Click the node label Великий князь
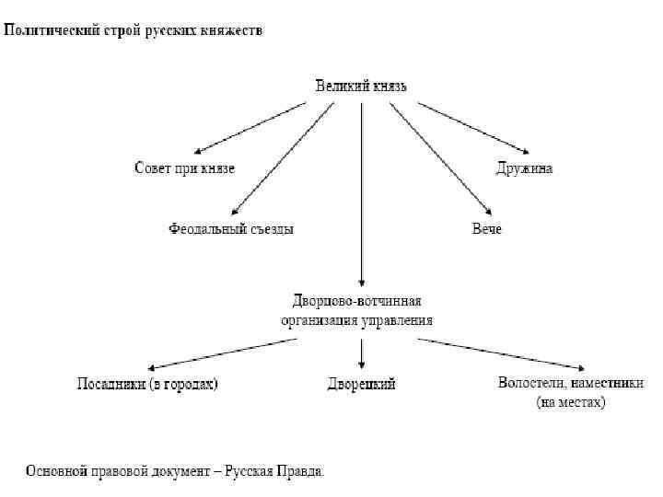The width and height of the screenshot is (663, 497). pyautogui.click(x=361, y=87)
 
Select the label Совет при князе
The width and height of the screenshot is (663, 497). pyautogui.click(x=184, y=168)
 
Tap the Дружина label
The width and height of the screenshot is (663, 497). pyautogui.click(x=524, y=168)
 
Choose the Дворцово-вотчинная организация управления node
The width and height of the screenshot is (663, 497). pyautogui.click(x=357, y=310)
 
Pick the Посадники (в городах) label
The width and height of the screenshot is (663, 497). pyautogui.click(x=147, y=384)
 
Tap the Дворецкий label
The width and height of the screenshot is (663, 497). pyautogui.click(x=362, y=384)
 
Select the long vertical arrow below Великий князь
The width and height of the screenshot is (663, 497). pyautogui.click(x=362, y=193)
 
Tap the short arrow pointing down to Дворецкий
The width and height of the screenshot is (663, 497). pyautogui.click(x=362, y=353)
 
